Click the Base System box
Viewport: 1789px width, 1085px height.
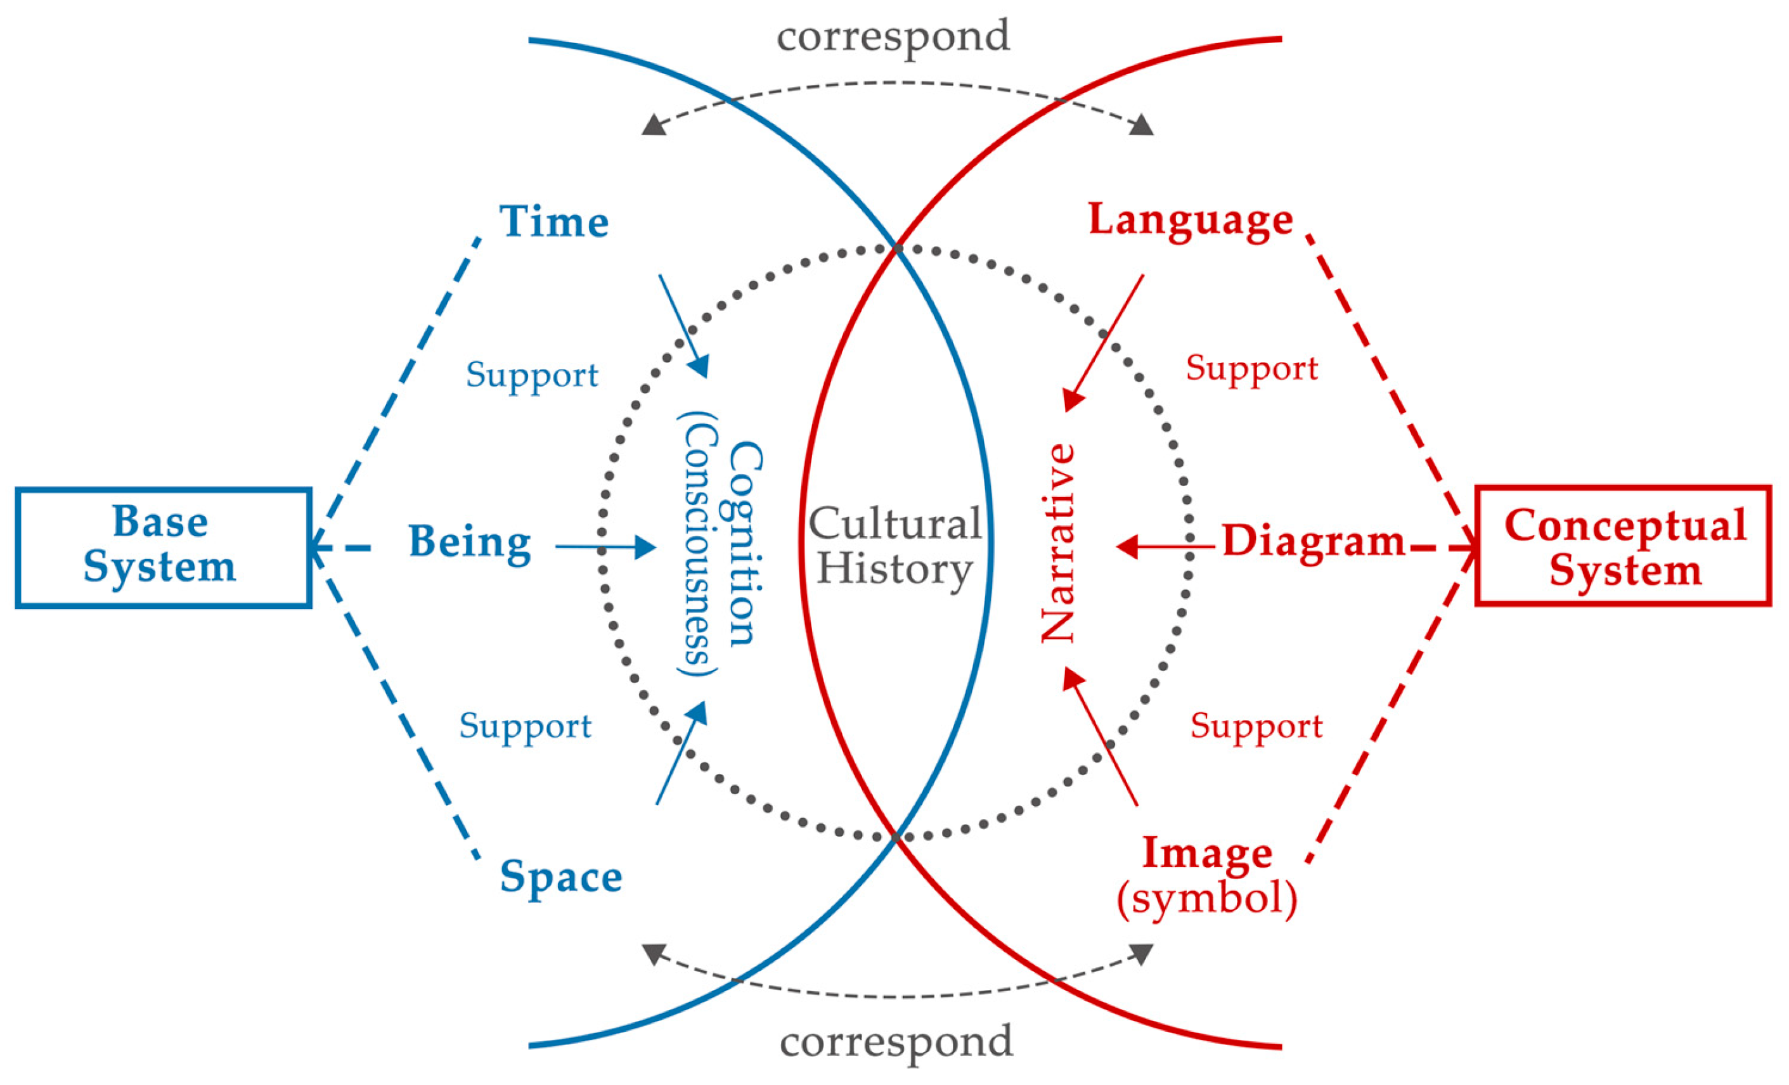(164, 546)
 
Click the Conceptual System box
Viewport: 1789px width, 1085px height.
(1624, 546)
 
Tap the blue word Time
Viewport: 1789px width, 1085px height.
(554, 221)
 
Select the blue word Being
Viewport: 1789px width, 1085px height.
(470, 542)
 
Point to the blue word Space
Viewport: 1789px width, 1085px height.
(560, 876)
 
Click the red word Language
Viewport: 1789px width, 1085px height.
(1191, 219)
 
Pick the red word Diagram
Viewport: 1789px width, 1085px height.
(1313, 541)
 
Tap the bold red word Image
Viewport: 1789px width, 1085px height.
(1206, 854)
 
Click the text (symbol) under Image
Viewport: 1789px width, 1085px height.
(1206, 899)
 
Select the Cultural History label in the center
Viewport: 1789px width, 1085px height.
(895, 546)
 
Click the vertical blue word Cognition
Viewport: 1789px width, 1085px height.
(745, 544)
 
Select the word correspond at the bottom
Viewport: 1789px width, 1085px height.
(896, 1041)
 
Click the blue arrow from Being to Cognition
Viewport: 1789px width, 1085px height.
(605, 546)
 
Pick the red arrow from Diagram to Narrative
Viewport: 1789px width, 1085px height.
(1165, 546)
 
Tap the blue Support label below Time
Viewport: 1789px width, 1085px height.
(532, 375)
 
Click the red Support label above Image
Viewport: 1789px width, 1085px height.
(1256, 726)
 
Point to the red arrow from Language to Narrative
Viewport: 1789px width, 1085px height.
(1104, 341)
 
